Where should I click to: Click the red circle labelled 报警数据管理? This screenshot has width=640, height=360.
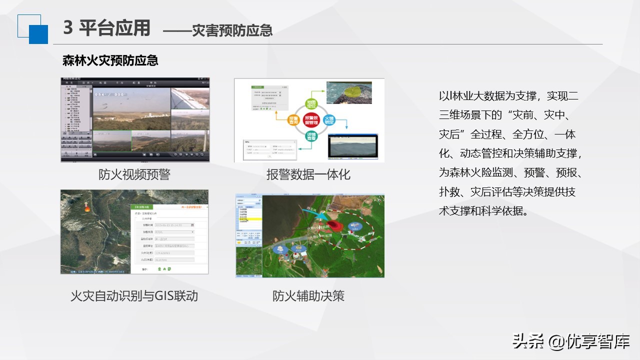pos(311,119)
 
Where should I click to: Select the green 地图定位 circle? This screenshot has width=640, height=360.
pos(311,104)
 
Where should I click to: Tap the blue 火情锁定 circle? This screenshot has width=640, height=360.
pos(329,120)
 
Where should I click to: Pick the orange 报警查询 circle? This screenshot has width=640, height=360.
pos(294,120)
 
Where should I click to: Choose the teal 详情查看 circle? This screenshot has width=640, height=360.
pos(311,136)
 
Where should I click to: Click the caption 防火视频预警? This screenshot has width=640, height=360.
pos(134,174)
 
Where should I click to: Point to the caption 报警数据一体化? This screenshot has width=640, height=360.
pos(308,174)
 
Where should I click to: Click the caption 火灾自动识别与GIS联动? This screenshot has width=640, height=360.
pos(134,295)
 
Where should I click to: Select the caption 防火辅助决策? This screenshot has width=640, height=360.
pos(308,295)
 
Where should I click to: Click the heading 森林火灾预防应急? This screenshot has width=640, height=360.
pos(110,61)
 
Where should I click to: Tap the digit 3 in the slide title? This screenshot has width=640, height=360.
pos(68,28)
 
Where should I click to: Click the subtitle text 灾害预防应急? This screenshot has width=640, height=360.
pos(232,30)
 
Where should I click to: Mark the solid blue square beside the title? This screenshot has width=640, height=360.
pos(38,34)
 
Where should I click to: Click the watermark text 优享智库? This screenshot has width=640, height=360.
pos(598,341)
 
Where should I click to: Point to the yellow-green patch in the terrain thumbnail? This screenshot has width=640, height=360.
pos(354,90)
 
